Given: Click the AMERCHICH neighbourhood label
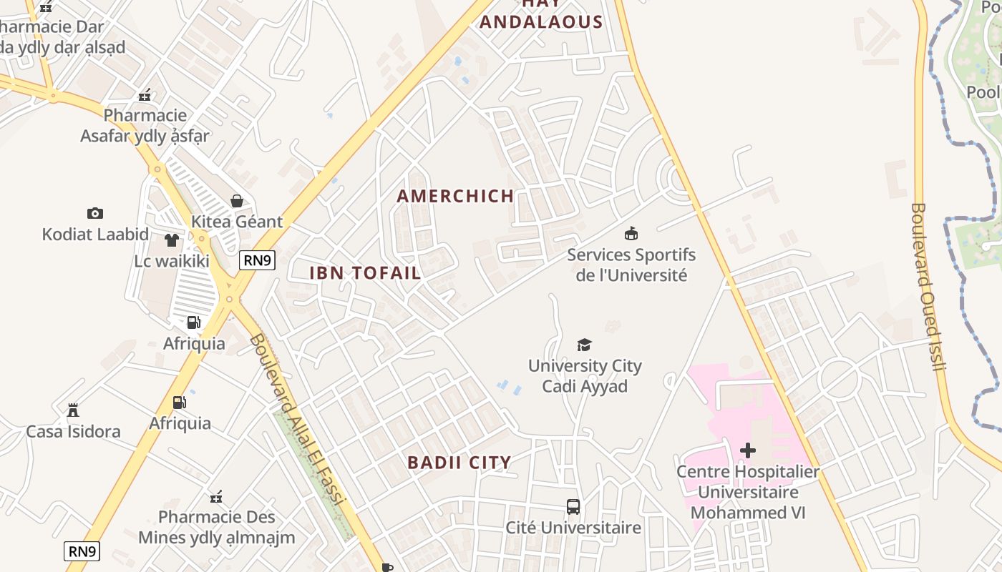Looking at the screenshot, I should [455, 196].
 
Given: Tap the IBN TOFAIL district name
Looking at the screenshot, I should [365, 272].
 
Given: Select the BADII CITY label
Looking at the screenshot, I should [459, 463].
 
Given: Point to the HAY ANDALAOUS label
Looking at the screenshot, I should [541, 14].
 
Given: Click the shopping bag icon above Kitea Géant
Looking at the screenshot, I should [237, 201].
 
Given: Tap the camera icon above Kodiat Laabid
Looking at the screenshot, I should [95, 213].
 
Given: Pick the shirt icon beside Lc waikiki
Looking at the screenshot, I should [172, 240].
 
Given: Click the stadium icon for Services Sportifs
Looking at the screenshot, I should [631, 233].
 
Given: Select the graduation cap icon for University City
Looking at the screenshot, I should [585, 345].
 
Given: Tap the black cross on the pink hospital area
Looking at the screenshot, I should [748, 450].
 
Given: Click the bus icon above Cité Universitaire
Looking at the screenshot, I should [573, 507].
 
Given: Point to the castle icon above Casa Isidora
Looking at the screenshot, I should [73, 410].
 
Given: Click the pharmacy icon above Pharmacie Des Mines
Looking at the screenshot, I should [216, 496].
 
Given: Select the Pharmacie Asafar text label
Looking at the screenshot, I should [145, 125].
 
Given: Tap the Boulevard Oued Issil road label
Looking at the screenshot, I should [929, 286].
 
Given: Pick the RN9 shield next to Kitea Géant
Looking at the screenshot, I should [258, 260].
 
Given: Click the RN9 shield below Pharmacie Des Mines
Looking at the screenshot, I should [82, 551].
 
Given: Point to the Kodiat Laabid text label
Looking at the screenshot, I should [95, 235].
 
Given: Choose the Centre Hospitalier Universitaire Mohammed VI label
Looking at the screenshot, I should [748, 492].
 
